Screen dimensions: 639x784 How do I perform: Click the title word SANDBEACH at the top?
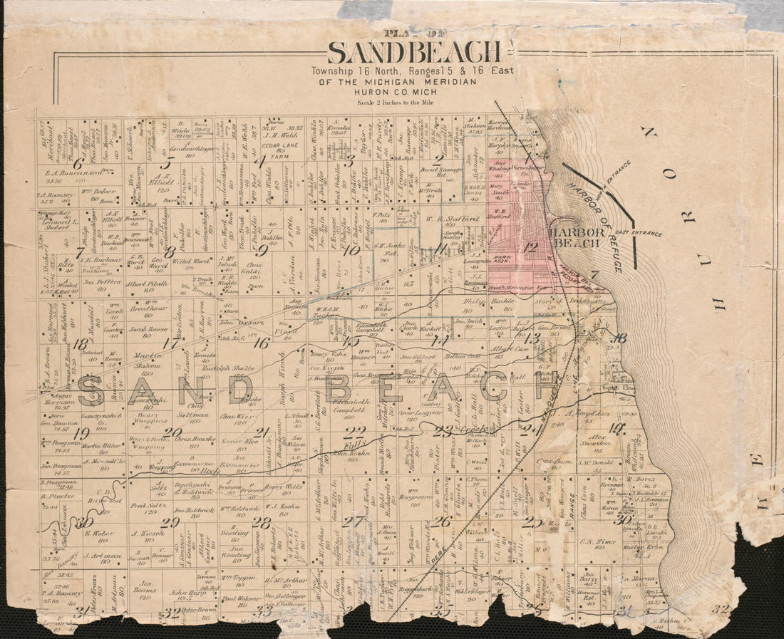click(414, 53)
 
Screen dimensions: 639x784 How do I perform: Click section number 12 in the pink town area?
click(530, 248)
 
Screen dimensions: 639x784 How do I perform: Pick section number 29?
click(170, 522)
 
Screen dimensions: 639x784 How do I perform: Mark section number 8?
click(170, 251)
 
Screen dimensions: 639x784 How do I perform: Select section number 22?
click(354, 430)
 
